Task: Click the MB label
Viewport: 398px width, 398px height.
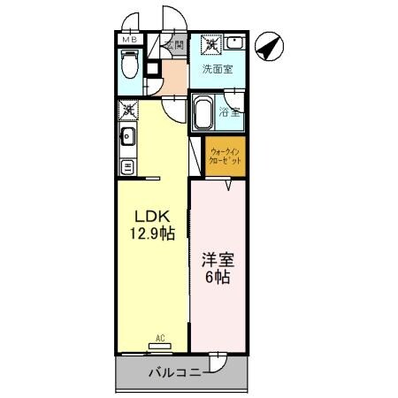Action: coord(129,40)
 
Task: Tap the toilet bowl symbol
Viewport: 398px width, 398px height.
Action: coord(130,65)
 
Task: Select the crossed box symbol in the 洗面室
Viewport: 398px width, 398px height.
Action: coord(211,43)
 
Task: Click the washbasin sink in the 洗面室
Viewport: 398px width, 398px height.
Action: coord(235,42)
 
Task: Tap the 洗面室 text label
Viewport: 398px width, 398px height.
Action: coord(218,69)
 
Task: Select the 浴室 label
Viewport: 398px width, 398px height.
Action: coord(232,112)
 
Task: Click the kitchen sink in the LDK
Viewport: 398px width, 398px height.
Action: coord(127,136)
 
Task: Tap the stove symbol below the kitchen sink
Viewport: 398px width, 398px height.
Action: coord(127,165)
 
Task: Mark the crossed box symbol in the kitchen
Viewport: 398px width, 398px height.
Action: coord(127,110)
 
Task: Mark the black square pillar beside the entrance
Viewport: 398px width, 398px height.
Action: coord(151,66)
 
